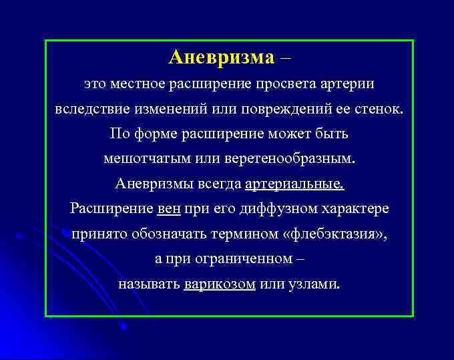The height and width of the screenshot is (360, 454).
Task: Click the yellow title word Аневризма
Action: tap(221, 57)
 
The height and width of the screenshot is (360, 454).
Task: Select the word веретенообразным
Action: tap(289, 159)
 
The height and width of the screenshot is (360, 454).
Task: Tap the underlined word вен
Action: tap(168, 208)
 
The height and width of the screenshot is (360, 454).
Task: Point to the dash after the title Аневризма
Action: tap(286, 57)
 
